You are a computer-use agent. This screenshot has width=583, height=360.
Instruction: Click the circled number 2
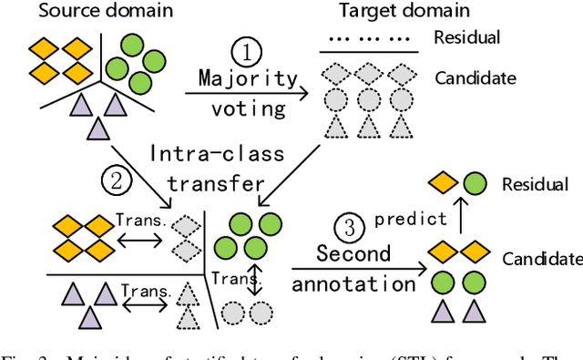tap(115, 181)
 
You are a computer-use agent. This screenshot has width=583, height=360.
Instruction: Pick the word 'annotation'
tap(354, 283)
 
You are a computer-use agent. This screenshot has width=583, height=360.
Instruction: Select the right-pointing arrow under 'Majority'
tap(248, 92)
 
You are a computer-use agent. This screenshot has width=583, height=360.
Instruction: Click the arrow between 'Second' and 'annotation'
tap(360, 268)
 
